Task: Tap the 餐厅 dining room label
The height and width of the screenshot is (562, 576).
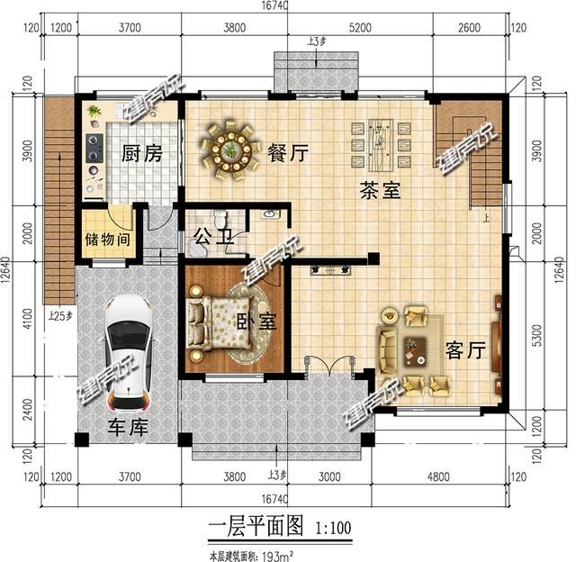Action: pos(287,153)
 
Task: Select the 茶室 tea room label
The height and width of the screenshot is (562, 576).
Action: pos(379,191)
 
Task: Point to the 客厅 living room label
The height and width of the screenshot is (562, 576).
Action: pos(464,350)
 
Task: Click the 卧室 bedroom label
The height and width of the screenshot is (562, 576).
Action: pos(256,322)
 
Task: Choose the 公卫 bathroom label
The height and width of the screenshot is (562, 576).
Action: pos(214,239)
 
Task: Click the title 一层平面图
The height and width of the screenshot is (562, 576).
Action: pos(247,527)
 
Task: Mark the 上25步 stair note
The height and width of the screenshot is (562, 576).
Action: pos(60,316)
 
